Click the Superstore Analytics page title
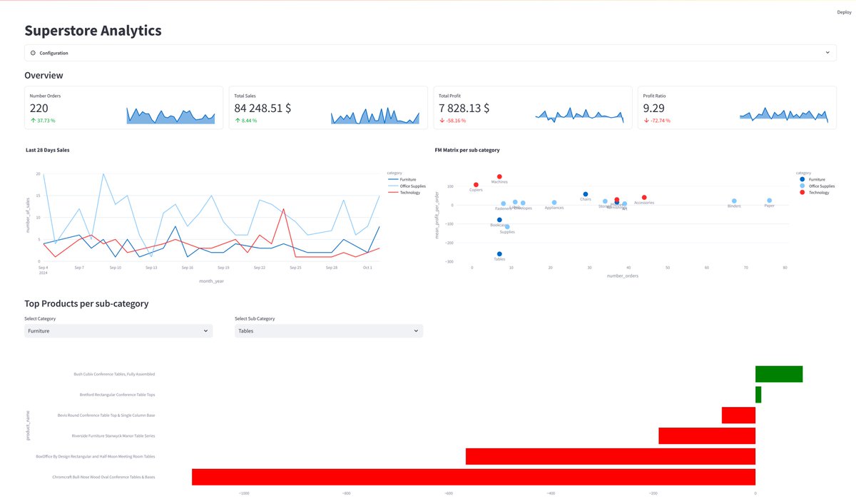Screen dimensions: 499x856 [x=93, y=31]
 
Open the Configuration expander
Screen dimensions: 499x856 [x=54, y=53]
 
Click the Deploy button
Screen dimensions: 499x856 [x=843, y=12]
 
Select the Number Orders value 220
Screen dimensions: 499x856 [x=39, y=109]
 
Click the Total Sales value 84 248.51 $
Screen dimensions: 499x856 [x=263, y=109]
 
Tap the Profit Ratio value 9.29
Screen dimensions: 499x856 [x=653, y=109]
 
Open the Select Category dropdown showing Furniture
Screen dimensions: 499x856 [x=118, y=331]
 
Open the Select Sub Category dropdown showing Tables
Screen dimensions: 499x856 [x=328, y=331]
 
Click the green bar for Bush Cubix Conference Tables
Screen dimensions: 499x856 [x=779, y=374]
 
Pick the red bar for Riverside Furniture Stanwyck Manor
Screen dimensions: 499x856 [x=707, y=435]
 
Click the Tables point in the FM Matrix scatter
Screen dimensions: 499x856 [x=499, y=254]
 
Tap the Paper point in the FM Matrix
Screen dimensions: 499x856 [x=769, y=201]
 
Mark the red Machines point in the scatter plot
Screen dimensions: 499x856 [x=499, y=176]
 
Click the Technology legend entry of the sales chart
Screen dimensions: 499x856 [x=409, y=193]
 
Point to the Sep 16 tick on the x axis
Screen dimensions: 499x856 [x=187, y=268]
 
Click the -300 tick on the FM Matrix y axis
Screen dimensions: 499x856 [x=450, y=262]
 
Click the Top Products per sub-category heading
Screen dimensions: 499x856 [x=86, y=303]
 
